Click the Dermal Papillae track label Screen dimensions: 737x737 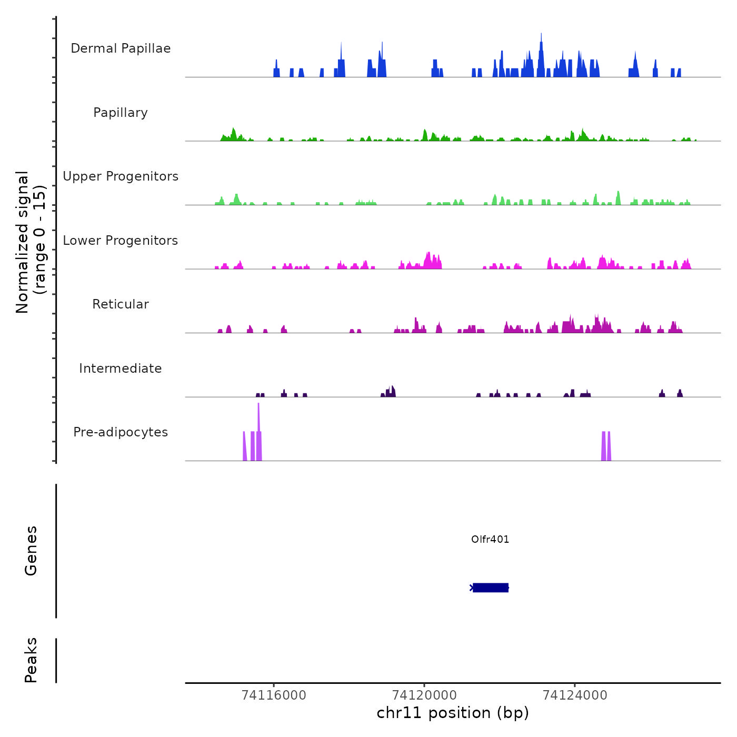(x=121, y=48)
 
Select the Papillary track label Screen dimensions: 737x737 (x=121, y=113)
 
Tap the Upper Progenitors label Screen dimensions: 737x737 (x=121, y=176)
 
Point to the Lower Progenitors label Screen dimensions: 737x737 (x=121, y=241)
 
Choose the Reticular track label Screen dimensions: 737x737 (x=121, y=304)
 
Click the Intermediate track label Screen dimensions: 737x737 (x=121, y=368)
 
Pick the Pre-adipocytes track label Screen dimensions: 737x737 (x=121, y=432)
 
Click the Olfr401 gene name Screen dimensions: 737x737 (x=490, y=539)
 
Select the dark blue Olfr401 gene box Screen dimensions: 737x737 (x=490, y=587)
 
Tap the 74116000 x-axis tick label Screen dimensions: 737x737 (x=274, y=695)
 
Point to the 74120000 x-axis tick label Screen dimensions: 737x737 (x=424, y=695)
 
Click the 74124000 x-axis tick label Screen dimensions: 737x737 (x=575, y=695)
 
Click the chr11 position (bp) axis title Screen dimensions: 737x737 (x=453, y=713)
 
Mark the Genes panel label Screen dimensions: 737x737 (x=31, y=551)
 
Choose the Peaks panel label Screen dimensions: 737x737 (x=31, y=660)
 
